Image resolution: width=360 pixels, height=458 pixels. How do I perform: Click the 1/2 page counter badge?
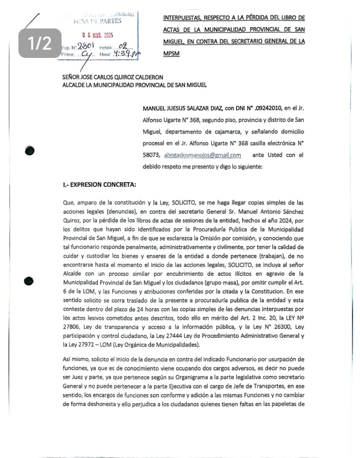(40, 43)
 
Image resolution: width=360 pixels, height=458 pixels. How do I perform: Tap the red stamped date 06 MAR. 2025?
(97, 35)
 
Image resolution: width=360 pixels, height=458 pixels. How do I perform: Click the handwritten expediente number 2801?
(86, 46)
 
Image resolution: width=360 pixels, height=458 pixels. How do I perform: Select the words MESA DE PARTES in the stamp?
(97, 21)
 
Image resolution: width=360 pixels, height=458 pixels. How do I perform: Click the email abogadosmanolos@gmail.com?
(202, 155)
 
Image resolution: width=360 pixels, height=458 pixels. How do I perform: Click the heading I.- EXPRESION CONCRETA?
(99, 185)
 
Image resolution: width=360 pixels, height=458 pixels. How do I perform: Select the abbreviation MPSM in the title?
(171, 54)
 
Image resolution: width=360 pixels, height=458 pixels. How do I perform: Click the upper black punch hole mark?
(30, 151)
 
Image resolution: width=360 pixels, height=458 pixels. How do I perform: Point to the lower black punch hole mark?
(29, 281)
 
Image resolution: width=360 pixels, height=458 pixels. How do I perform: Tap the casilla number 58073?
(151, 155)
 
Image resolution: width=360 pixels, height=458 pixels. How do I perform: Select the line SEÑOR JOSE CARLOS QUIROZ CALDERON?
(112, 77)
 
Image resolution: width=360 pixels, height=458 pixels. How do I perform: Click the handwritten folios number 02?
(123, 46)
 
